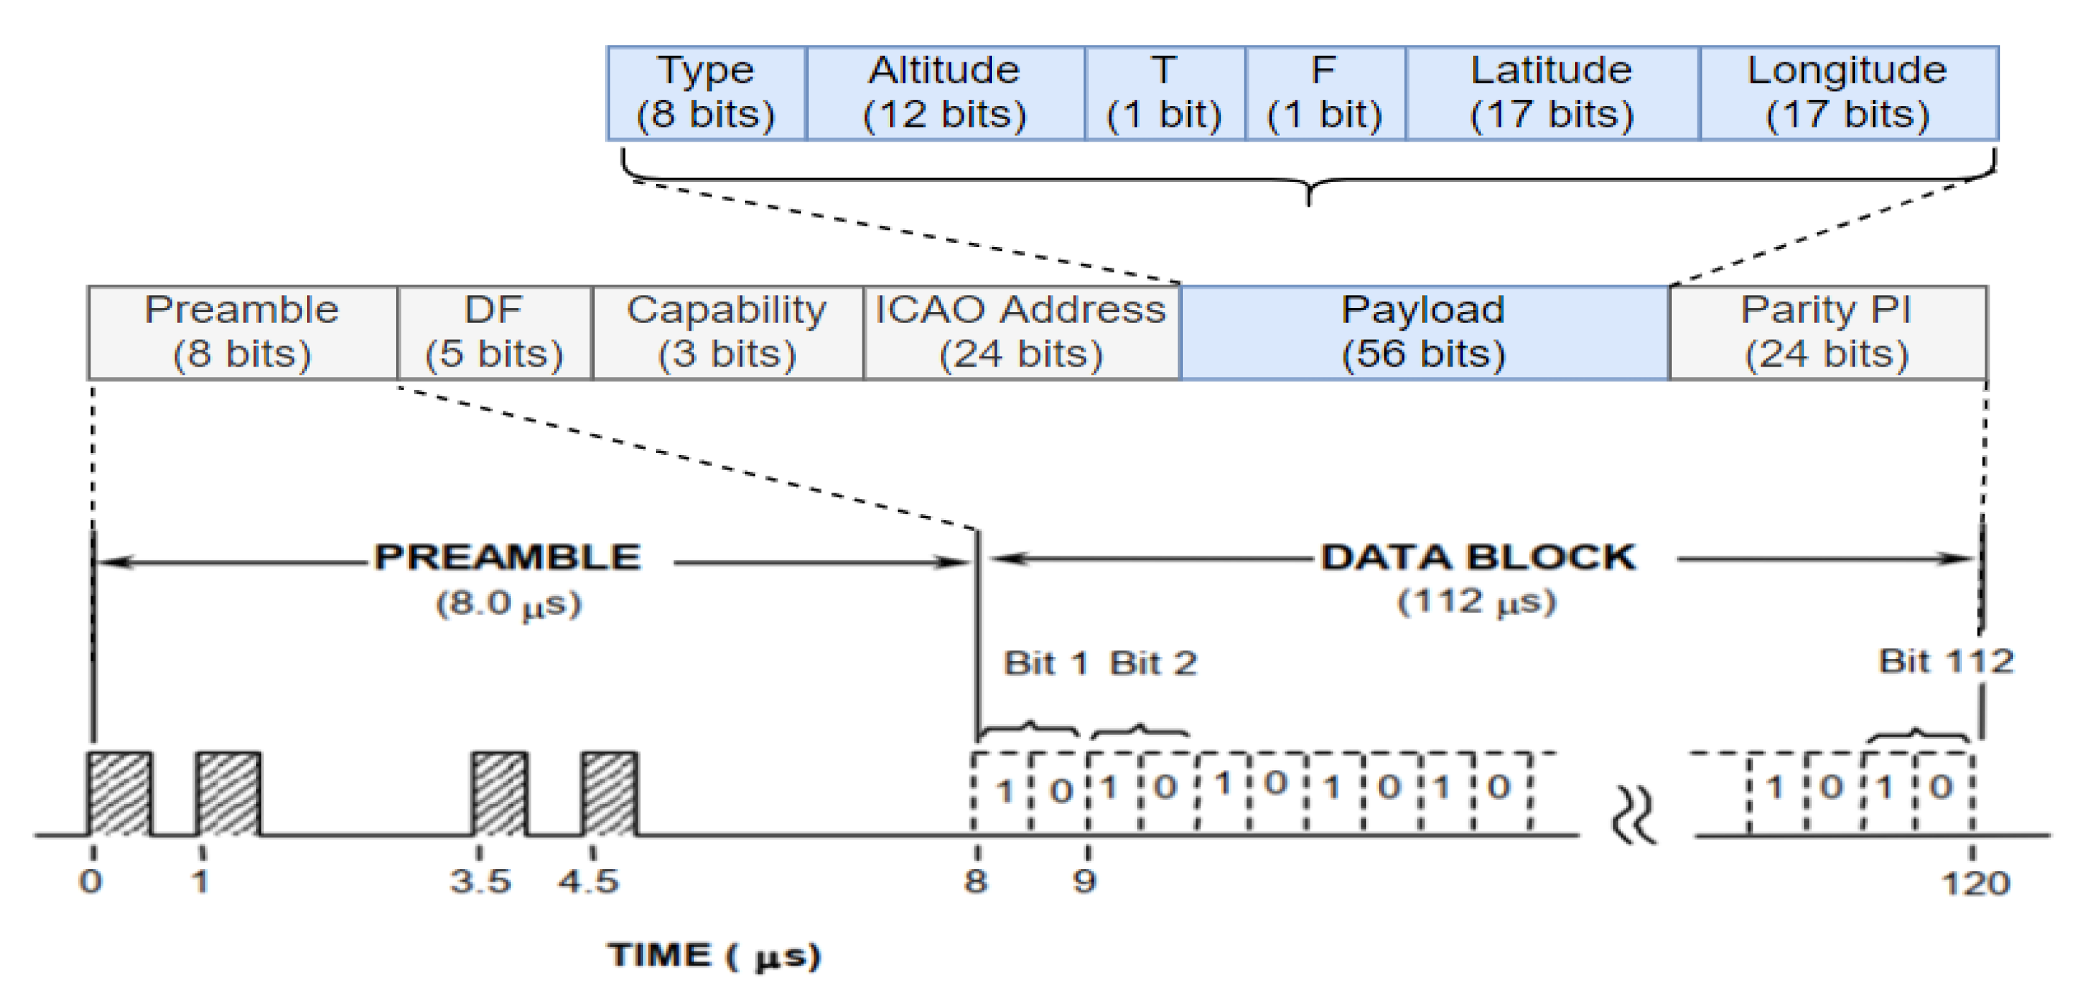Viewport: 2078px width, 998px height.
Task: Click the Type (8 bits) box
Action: click(x=706, y=93)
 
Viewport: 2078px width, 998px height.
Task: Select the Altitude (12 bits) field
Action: click(x=945, y=93)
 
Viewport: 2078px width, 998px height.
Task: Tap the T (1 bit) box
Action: click(x=1164, y=93)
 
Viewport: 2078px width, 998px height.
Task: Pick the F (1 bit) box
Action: click(x=1324, y=93)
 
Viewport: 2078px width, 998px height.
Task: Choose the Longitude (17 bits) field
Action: click(x=1847, y=93)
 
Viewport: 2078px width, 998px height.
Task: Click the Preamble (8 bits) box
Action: click(x=242, y=331)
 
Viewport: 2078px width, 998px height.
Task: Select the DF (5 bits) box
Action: click(x=495, y=331)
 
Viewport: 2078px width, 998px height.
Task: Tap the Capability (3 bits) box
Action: click(x=727, y=331)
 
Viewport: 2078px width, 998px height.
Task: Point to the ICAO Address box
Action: click(x=1020, y=331)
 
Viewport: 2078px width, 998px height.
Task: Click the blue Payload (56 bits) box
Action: click(x=1424, y=331)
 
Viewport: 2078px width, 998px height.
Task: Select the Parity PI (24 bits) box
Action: click(x=1826, y=331)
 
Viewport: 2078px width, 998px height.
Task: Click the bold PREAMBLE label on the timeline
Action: click(x=507, y=558)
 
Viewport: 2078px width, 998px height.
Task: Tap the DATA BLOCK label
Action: click(x=1478, y=558)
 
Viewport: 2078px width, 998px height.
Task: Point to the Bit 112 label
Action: click(x=1946, y=662)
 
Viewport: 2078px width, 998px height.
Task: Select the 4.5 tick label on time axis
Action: click(x=588, y=882)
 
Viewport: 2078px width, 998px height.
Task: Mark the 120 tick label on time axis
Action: click(x=1974, y=883)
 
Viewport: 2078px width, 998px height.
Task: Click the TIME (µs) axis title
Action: click(x=714, y=956)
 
